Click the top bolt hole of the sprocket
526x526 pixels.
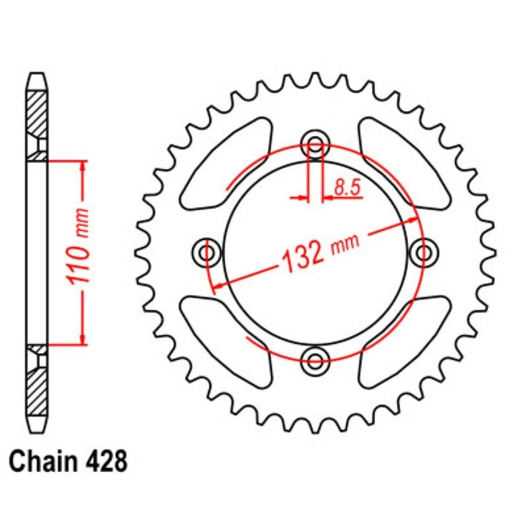pos(315,145)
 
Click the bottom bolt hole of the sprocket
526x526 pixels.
pos(315,360)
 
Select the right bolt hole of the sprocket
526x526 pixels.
pos(423,253)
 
